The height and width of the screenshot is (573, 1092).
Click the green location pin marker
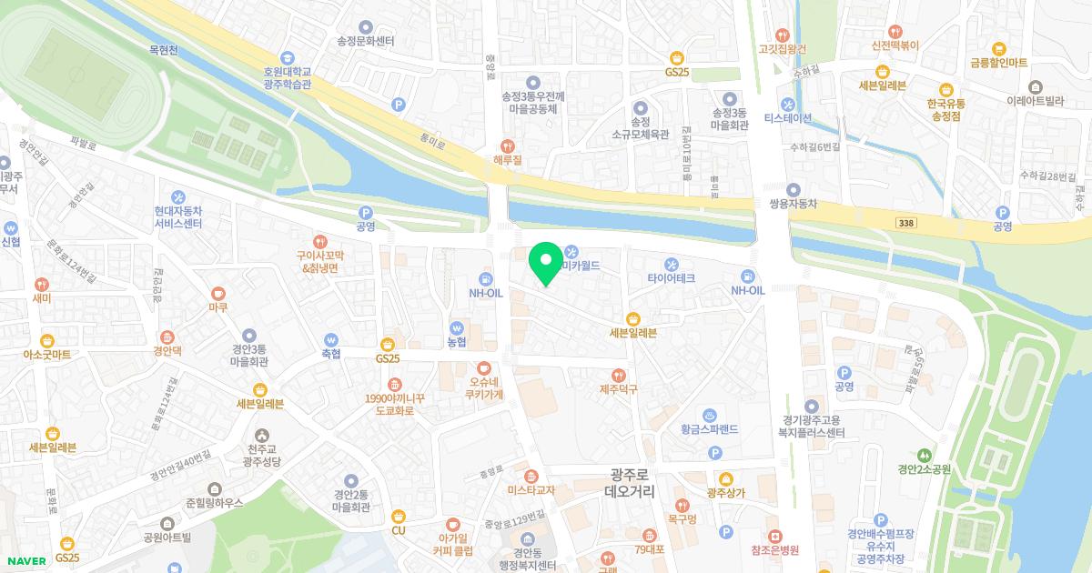[546, 263]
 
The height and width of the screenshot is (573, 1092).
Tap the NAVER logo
[26, 561]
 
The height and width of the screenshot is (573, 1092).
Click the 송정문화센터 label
[366, 41]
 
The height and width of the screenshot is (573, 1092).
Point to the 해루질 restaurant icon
[508, 145]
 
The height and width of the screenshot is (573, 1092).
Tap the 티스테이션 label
[787, 117]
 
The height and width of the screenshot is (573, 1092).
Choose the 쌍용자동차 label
[787, 204]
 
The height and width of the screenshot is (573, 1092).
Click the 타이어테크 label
[672, 277]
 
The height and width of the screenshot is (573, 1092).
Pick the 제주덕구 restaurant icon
[619, 375]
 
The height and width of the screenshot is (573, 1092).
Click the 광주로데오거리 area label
[629, 482]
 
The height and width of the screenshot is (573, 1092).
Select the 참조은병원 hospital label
[774, 550]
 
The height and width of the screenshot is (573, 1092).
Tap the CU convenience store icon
[398, 517]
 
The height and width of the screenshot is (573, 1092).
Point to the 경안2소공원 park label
[924, 470]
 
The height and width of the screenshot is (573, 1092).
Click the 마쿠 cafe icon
[217, 293]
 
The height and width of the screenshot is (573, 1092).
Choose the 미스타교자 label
[531, 490]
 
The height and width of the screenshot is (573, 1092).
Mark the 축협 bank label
[330, 354]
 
